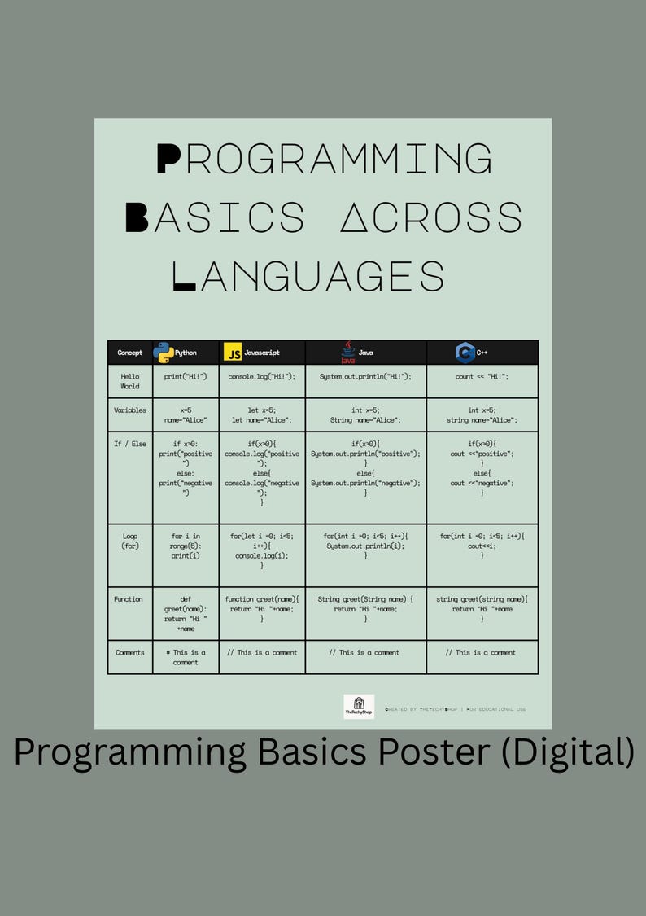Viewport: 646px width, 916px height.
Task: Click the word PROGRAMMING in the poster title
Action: pyautogui.click(x=324, y=159)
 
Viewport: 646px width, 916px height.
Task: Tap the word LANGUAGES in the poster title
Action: pyautogui.click(x=310, y=274)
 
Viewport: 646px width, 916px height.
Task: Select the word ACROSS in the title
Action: pyautogui.click(x=430, y=217)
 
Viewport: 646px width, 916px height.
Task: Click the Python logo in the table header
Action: pyautogui.click(x=163, y=353)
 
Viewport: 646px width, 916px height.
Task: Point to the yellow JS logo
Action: pyautogui.click(x=233, y=353)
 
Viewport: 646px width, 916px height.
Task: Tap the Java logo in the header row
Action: pyautogui.click(x=348, y=353)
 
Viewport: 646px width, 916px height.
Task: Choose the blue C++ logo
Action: pyautogui.click(x=465, y=353)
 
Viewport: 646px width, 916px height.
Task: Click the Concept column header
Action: pyautogui.click(x=130, y=353)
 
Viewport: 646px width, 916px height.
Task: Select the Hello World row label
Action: pyautogui.click(x=130, y=381)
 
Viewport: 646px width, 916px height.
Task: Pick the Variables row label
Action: pyautogui.click(x=130, y=410)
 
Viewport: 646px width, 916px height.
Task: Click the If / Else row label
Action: pyautogui.click(x=130, y=444)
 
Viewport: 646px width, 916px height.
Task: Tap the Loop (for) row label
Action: pyautogui.click(x=130, y=541)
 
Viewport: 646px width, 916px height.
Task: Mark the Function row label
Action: pyautogui.click(x=129, y=599)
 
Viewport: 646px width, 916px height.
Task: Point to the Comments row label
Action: pyautogui.click(x=130, y=652)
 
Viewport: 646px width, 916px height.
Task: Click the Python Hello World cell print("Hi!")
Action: pyautogui.click(x=186, y=376)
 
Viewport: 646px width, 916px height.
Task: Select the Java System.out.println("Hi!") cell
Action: pyautogui.click(x=365, y=376)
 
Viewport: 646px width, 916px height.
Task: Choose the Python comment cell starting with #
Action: pyautogui.click(x=186, y=657)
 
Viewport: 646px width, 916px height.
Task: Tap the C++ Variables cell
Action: pyautogui.click(x=482, y=415)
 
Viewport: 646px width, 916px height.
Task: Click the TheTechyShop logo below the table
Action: pyautogui.click(x=359, y=706)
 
